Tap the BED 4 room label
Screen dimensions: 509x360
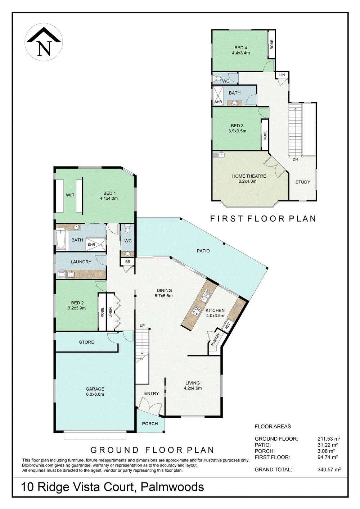coord(241,50)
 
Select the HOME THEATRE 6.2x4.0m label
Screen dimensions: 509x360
coord(249,178)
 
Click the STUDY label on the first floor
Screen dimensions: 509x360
coord(302,182)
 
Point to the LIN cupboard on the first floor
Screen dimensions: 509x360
coord(282,75)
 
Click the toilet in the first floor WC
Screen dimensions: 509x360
coord(217,78)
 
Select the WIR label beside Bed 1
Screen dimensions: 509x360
coord(70,195)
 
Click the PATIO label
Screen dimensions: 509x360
coord(203,251)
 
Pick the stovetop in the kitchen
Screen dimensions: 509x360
coord(197,310)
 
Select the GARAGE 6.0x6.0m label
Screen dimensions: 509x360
coord(95,391)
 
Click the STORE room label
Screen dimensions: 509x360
coord(86,342)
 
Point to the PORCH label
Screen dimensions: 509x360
coord(150,423)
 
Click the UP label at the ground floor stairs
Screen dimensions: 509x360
coord(142,326)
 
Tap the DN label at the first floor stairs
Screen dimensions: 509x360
coord(295,159)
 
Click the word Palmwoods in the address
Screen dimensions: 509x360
coord(172,487)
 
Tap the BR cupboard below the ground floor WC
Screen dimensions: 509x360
coord(127,262)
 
